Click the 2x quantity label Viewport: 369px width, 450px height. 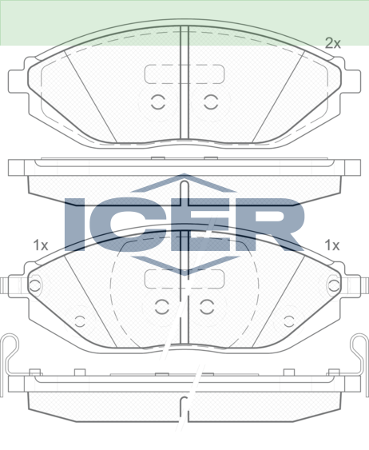[x=332, y=43]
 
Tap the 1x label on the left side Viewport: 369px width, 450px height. [x=41, y=245]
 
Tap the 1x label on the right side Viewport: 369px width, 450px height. [x=331, y=245]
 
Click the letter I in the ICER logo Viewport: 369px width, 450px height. [x=75, y=225]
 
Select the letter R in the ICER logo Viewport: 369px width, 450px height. [x=272, y=225]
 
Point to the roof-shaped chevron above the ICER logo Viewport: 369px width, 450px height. [x=184, y=182]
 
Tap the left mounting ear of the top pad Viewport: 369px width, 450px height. [x=18, y=82]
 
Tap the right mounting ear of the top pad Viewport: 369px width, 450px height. [x=351, y=82]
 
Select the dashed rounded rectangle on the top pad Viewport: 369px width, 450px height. [x=184, y=74]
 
